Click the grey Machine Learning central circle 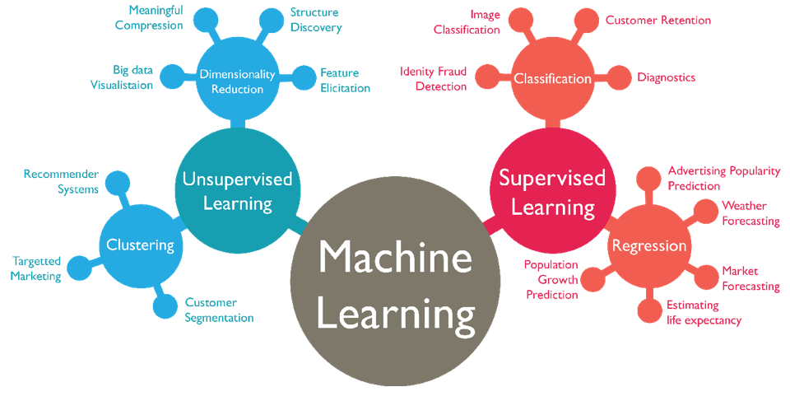pyautogui.click(x=396, y=285)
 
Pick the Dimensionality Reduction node pyautogui.click(x=237, y=81)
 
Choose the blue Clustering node pyautogui.click(x=141, y=245)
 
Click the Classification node pyautogui.click(x=552, y=79)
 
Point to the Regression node pyautogui.click(x=648, y=245)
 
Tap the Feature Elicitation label pyautogui.click(x=345, y=80)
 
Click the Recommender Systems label pyautogui.click(x=61, y=181)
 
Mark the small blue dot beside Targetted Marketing pyautogui.click(x=79, y=268)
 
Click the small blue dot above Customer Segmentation pyautogui.click(x=165, y=305)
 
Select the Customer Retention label pyautogui.click(x=658, y=20)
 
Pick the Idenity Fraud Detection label pyautogui.click(x=433, y=79)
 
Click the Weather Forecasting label pyautogui.click(x=750, y=213)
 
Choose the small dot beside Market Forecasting pyautogui.click(x=705, y=277)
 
